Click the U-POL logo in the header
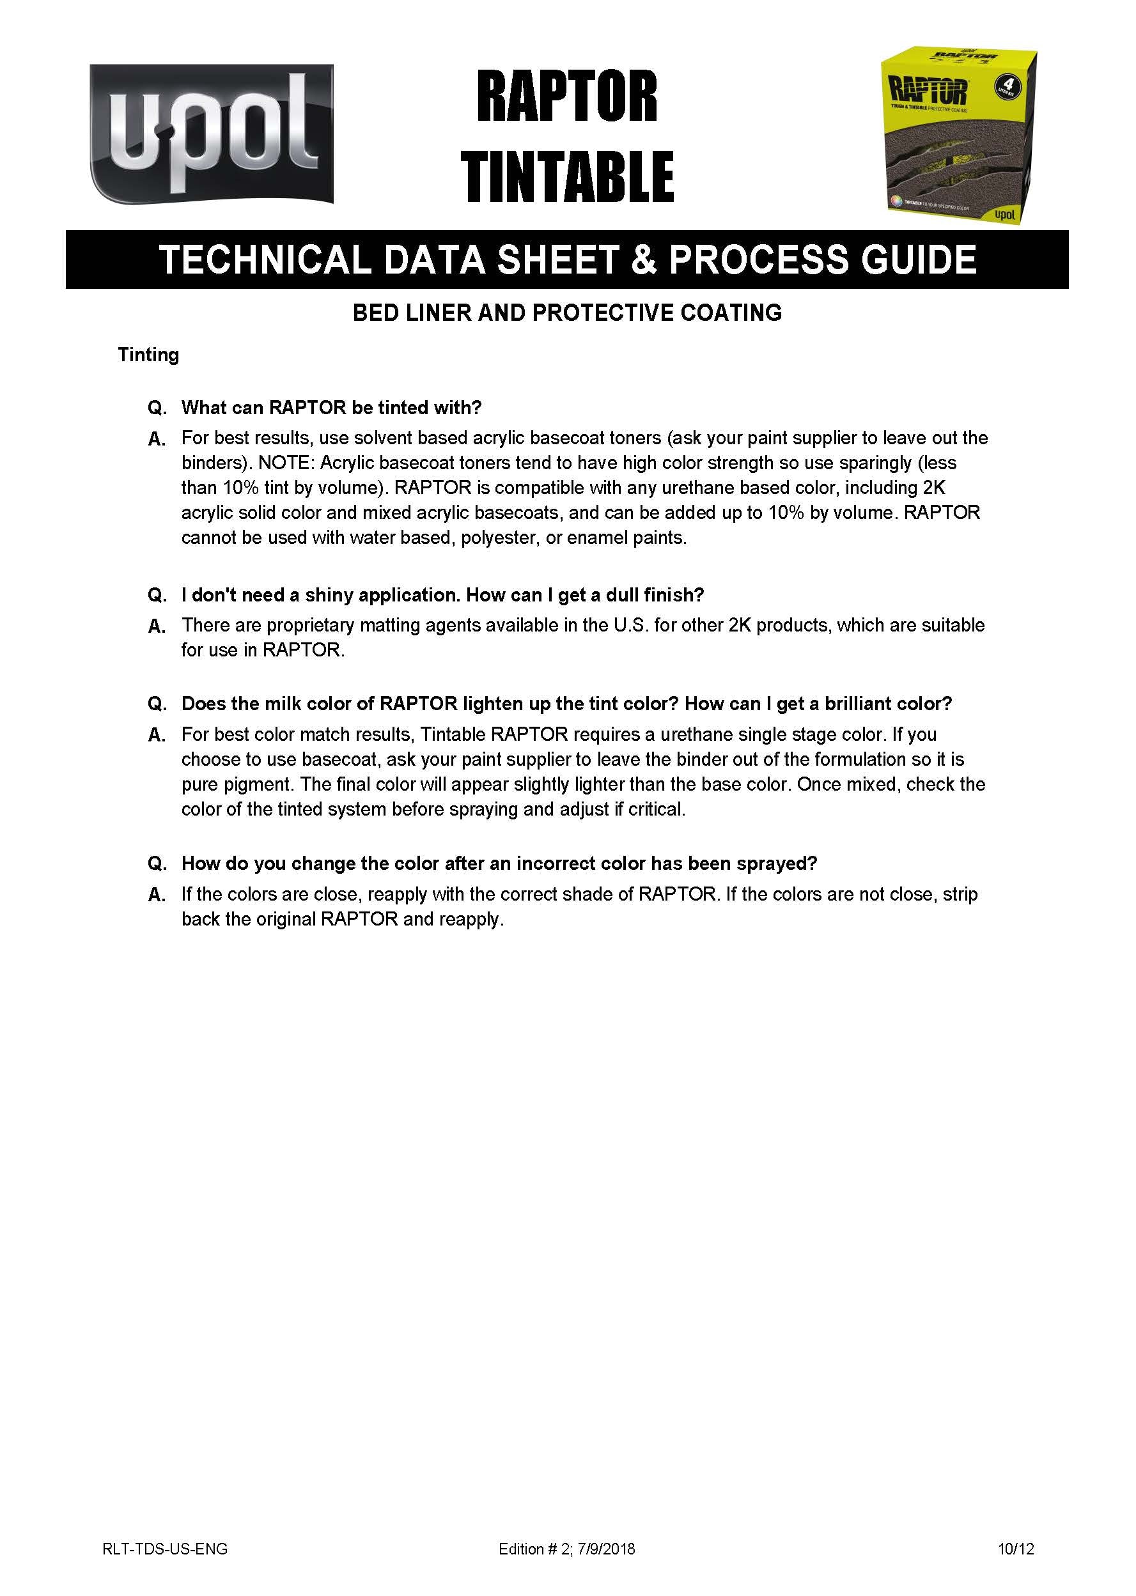tap(211, 134)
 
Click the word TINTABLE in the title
tap(566, 176)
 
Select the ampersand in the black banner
tap(644, 260)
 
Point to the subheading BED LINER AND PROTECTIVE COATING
tap(566, 313)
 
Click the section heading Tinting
tap(148, 355)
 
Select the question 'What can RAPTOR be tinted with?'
tap(332, 407)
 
